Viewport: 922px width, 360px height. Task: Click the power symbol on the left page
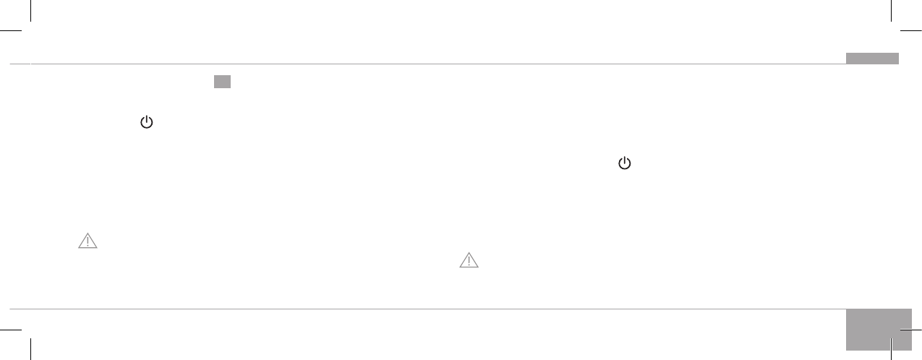(x=147, y=123)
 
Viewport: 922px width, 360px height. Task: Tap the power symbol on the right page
(x=625, y=164)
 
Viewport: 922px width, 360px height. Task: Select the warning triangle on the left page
(x=87, y=241)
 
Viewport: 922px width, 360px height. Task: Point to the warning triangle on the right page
(x=469, y=260)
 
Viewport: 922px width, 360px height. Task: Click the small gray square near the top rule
(x=222, y=82)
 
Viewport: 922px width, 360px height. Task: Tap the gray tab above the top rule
(x=872, y=59)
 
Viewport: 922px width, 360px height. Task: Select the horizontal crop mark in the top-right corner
(x=911, y=31)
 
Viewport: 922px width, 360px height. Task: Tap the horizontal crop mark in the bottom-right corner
(x=911, y=329)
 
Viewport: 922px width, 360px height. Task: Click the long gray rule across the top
(x=434, y=64)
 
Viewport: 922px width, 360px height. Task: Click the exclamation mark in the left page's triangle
(x=87, y=242)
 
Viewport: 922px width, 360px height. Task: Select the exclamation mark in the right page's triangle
(x=469, y=261)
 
